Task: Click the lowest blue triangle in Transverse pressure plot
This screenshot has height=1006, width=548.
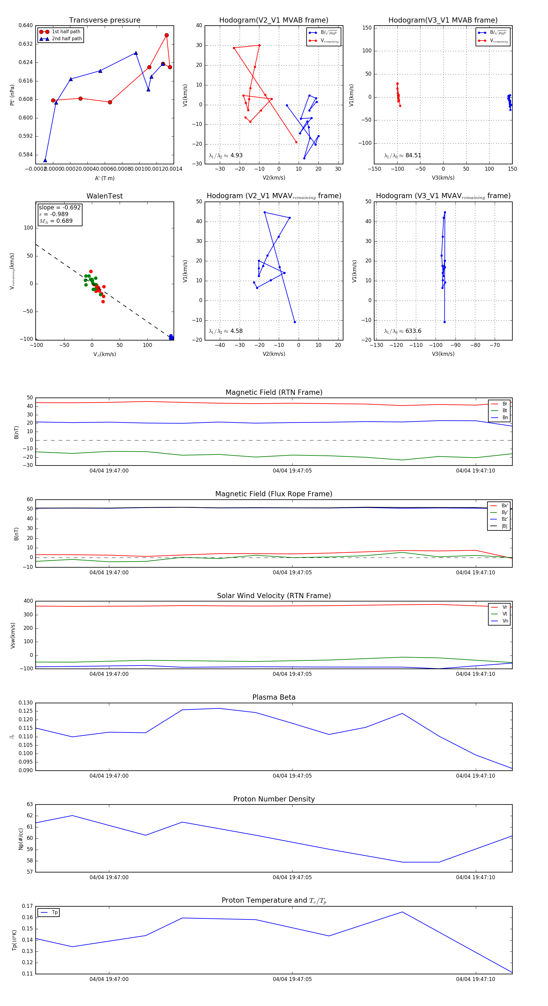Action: click(45, 160)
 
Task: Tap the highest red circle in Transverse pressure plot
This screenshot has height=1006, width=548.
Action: click(167, 35)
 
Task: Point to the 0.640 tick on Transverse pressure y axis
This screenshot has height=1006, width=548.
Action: click(26, 25)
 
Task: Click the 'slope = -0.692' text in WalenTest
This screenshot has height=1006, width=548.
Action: click(60, 207)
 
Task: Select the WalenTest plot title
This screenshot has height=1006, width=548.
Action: click(104, 196)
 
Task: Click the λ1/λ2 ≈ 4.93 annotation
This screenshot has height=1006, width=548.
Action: click(225, 155)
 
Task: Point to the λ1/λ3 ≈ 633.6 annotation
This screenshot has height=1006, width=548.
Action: click(402, 331)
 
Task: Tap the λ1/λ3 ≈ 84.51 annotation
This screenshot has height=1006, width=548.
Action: click(402, 155)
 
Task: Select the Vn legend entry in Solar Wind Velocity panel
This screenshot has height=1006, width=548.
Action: click(505, 621)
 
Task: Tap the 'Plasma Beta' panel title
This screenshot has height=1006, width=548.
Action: click(274, 697)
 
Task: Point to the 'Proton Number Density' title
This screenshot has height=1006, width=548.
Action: click(274, 799)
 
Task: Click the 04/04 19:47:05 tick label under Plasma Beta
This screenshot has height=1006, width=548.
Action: click(292, 776)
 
